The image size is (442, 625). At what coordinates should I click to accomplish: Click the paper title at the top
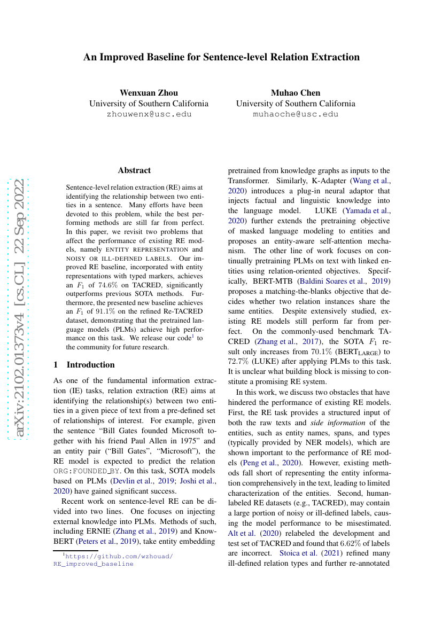221,57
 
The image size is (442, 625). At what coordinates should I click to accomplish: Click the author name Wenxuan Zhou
149,92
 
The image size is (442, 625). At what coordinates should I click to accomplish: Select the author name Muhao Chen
295,92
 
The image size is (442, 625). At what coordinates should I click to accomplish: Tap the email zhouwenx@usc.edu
149,114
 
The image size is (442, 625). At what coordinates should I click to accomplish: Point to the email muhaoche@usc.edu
295,114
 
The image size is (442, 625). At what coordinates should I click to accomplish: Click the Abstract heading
134,170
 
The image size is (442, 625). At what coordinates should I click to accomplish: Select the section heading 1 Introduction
84,365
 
